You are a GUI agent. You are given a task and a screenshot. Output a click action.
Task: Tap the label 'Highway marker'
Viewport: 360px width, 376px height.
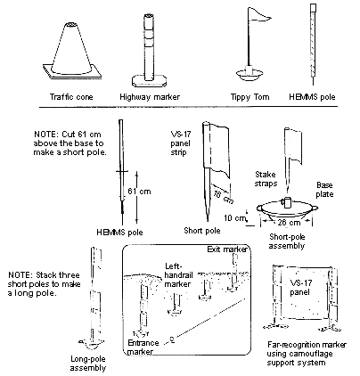150,97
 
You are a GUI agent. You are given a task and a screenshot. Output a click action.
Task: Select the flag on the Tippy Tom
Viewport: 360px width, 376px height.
259,15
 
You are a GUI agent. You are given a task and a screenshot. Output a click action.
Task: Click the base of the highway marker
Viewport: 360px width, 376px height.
149,80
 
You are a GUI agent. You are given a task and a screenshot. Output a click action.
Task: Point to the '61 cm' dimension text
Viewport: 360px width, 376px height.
139,192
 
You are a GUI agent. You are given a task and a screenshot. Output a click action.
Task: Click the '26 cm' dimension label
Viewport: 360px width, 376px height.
289,222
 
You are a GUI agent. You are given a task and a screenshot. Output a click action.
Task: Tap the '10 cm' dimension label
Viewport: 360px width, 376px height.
235,218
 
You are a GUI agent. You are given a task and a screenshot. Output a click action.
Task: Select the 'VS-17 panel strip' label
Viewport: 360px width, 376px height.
180,143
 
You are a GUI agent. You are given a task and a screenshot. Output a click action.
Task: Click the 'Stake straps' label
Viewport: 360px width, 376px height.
266,179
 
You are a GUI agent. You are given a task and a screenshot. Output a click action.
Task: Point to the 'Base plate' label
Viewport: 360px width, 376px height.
324,190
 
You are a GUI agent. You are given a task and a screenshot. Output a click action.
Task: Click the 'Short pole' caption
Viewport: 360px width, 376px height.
202,231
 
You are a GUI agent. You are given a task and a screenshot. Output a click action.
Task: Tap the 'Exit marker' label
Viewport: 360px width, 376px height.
227,249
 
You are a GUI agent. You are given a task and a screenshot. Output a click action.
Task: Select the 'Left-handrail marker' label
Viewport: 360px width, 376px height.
178,275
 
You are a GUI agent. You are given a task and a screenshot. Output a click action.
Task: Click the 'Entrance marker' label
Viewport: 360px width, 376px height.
143,347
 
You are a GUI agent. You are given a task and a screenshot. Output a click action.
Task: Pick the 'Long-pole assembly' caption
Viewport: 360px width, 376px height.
88,364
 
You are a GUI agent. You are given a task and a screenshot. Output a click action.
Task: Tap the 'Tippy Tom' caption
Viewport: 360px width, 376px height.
250,97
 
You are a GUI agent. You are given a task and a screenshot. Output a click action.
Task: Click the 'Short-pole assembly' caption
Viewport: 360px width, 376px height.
287,241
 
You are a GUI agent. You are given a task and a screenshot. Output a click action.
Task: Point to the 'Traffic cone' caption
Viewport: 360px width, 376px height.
71,97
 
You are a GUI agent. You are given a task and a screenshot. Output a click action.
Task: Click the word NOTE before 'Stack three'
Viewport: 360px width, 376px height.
20,274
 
